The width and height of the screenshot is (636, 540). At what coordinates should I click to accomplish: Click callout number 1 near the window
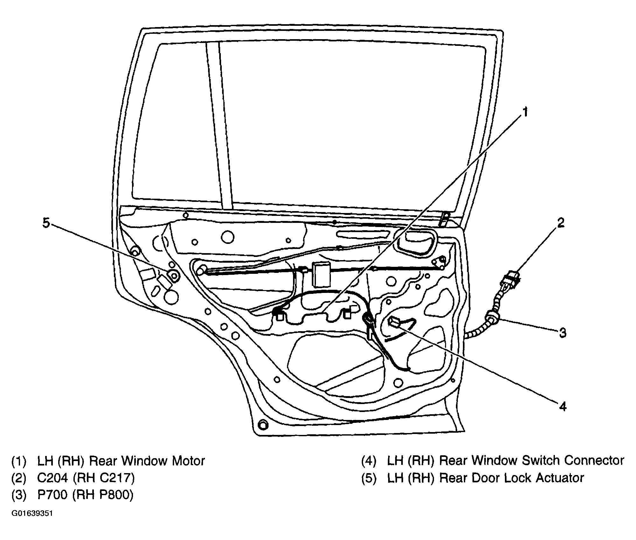tap(525, 112)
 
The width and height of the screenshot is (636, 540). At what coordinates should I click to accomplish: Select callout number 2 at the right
tap(560, 223)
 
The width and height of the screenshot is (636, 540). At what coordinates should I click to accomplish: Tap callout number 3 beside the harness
tap(563, 333)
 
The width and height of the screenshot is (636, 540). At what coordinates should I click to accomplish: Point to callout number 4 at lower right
tap(563, 407)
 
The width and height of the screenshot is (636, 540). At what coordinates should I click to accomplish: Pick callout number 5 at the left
tap(46, 223)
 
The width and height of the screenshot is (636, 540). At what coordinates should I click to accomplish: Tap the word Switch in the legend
tap(533, 461)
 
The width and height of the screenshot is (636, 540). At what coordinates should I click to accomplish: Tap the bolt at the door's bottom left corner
tap(263, 425)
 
